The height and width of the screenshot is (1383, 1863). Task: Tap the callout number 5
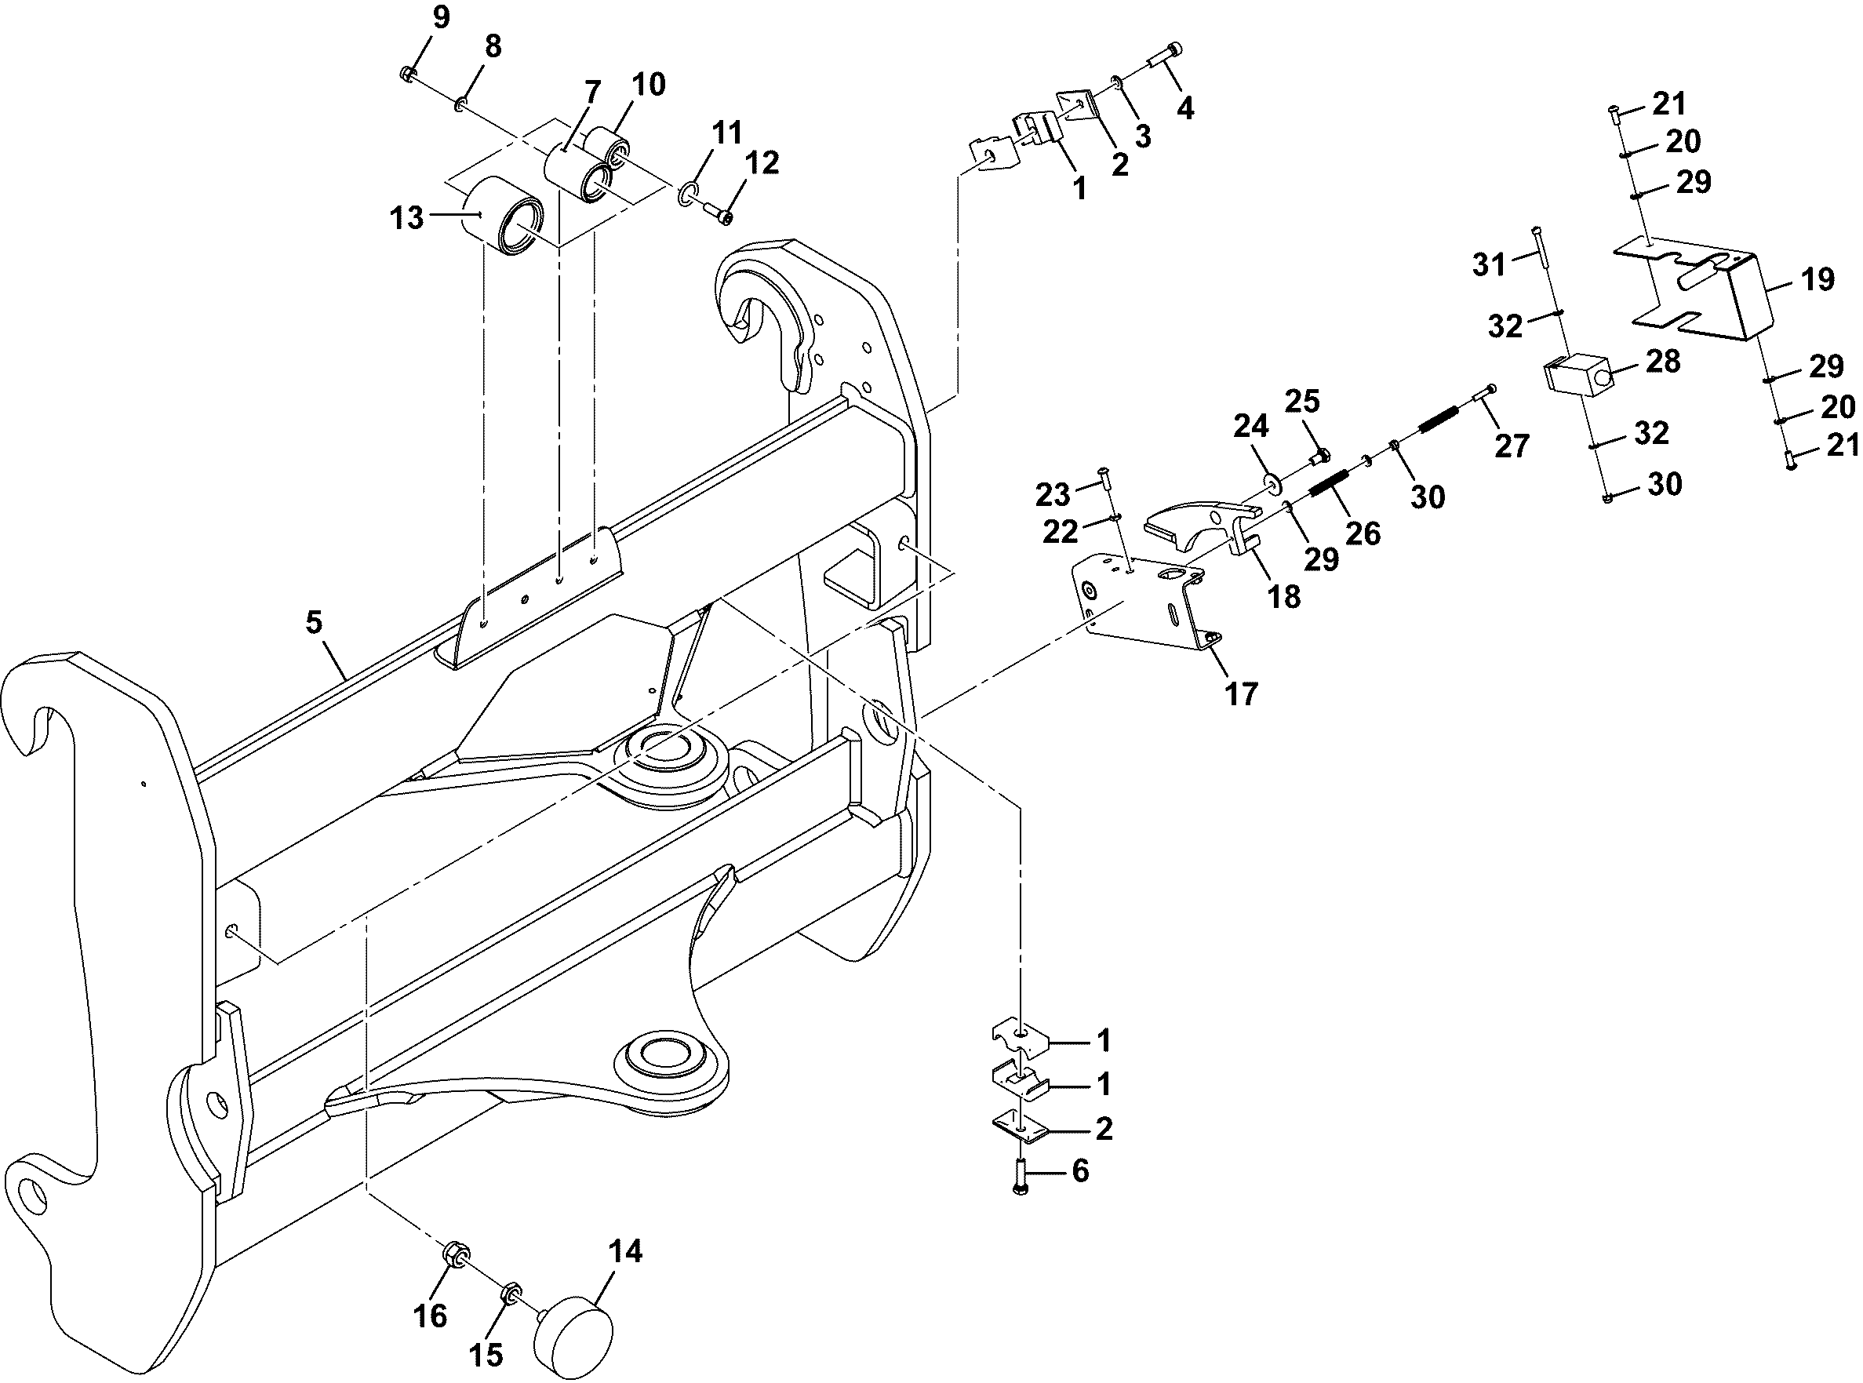(x=314, y=622)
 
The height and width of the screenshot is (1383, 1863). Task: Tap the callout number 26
(x=1362, y=533)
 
